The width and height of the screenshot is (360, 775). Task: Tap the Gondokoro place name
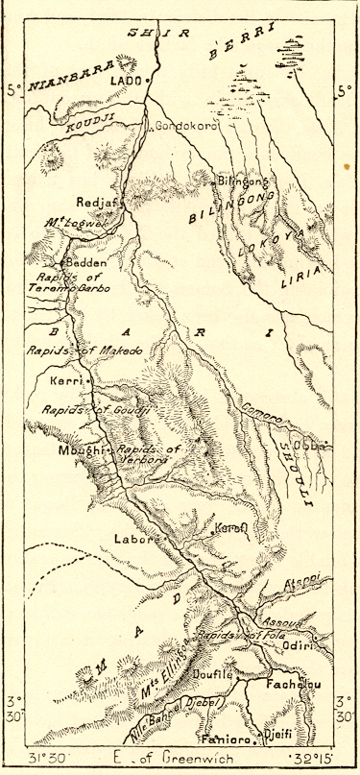point(184,126)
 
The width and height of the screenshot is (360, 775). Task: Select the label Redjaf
point(93,203)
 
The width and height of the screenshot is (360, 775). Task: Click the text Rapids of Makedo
point(84,351)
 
